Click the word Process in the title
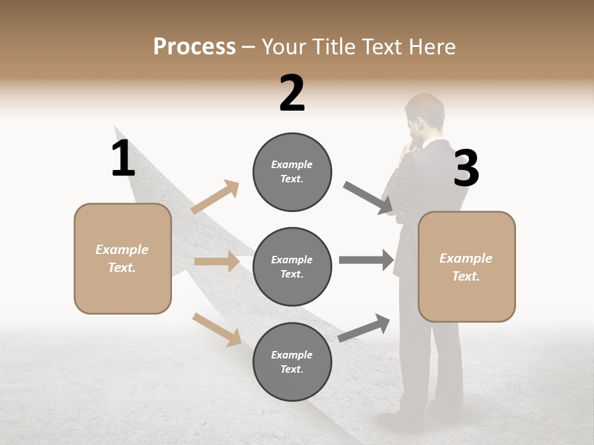pos(194,47)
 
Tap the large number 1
pos(123,158)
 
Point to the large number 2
pos(292,93)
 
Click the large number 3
pos(466,168)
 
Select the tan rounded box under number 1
pos(123,258)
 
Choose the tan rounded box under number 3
pos(467,267)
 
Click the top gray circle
pos(292,172)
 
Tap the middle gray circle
pos(292,267)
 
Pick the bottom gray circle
pos(292,362)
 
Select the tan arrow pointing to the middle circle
pos(217,261)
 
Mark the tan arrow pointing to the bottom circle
pos(217,329)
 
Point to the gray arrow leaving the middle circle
pos(366,260)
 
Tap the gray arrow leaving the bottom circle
pos(364,328)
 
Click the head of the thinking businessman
pos(424,114)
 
